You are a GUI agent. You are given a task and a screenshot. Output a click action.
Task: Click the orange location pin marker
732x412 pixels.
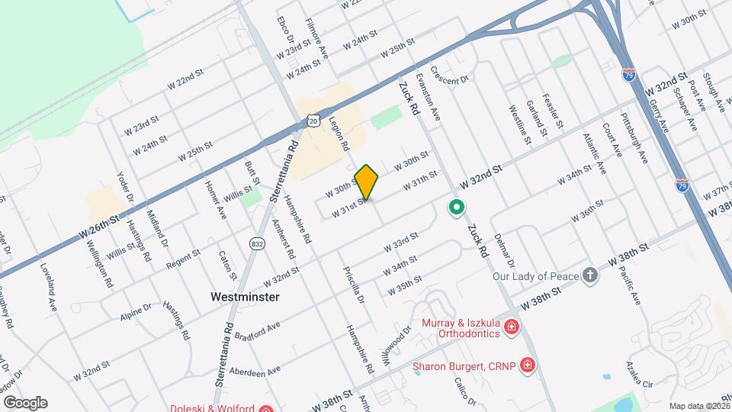click(x=367, y=182)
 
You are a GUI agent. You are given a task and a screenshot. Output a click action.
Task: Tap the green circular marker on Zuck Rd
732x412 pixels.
click(x=457, y=207)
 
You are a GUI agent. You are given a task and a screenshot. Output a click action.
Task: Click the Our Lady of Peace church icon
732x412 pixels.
click(x=590, y=275)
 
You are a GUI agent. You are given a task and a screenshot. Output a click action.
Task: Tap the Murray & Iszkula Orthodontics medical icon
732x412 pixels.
click(x=511, y=328)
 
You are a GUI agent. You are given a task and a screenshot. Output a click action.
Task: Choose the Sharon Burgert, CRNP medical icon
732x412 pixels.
click(x=526, y=366)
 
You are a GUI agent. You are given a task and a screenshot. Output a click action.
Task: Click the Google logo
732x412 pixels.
click(x=24, y=402)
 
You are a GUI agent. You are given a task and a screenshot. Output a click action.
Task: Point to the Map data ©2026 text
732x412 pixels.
click(x=699, y=405)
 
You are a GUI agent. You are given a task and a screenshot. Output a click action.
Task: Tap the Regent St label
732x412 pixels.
click(x=183, y=259)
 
